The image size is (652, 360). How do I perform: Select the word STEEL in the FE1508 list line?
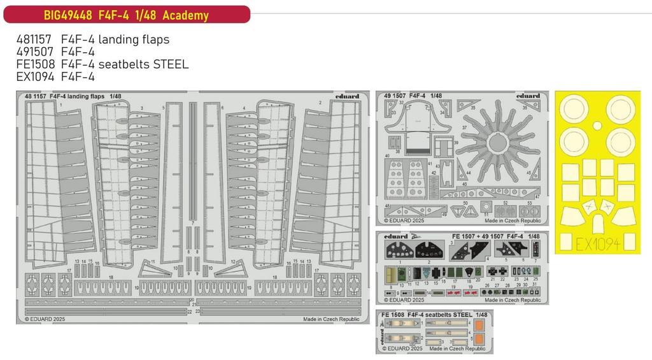(x=167, y=65)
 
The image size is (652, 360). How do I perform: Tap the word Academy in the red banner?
(x=185, y=15)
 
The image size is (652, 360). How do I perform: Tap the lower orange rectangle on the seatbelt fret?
(x=479, y=338)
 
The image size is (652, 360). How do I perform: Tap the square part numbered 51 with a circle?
(x=487, y=210)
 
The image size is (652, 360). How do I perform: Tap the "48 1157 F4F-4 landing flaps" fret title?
(x=73, y=96)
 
